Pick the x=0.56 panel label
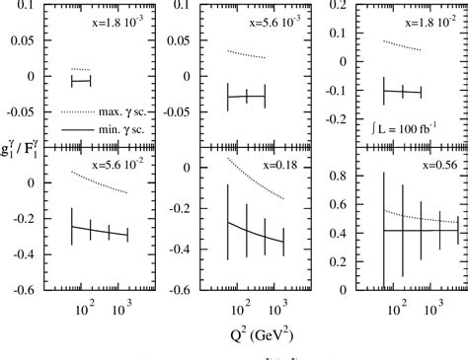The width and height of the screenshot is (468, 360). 429,164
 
